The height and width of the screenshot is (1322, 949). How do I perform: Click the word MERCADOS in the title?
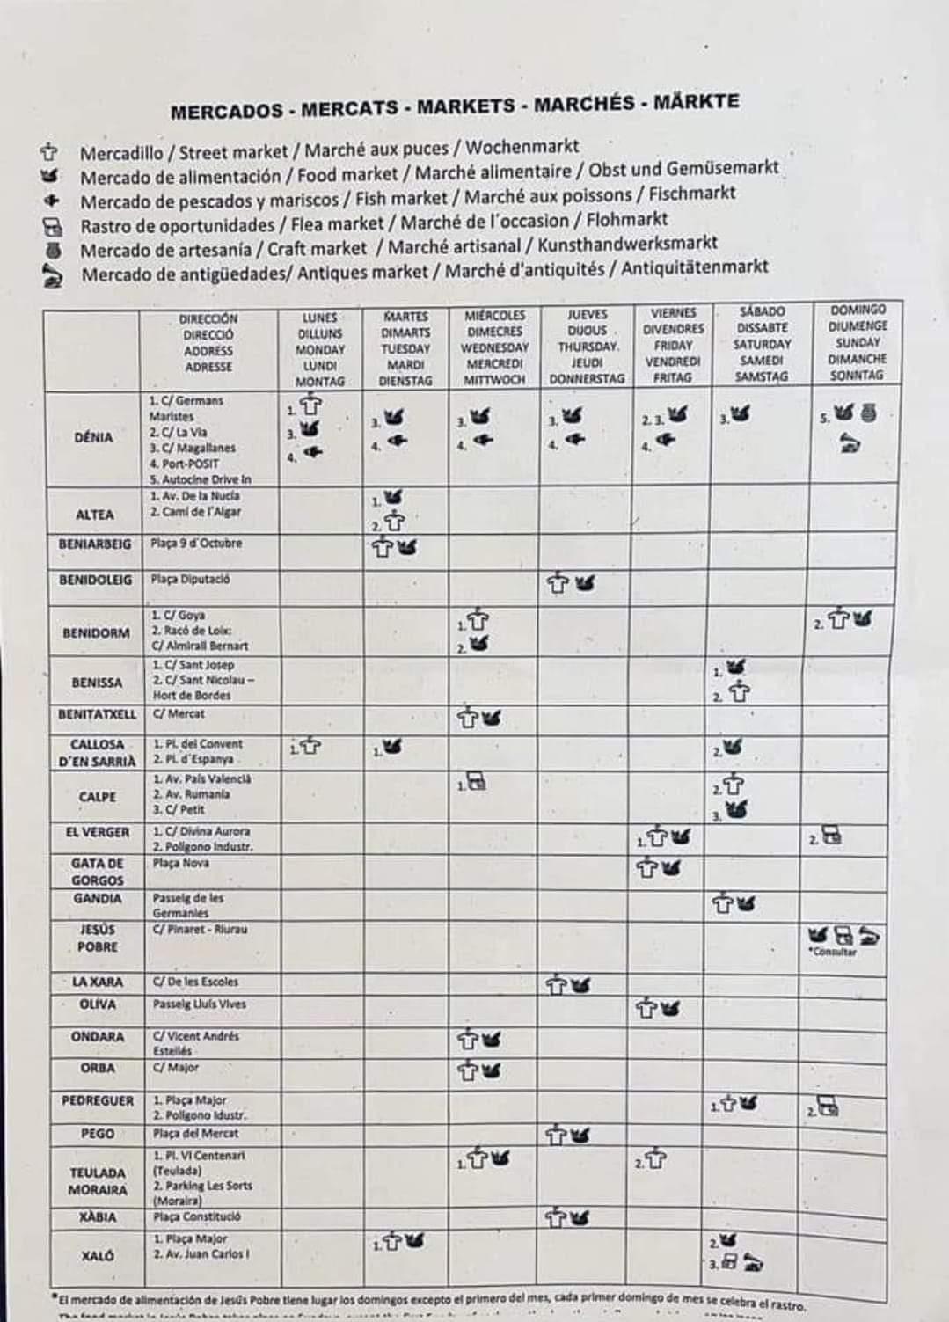point(227,112)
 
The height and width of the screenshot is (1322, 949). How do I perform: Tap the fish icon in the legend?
point(51,200)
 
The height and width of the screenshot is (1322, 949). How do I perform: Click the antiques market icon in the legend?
point(53,276)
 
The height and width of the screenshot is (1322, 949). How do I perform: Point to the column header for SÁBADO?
point(762,343)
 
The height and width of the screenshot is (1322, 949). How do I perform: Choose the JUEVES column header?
point(587,346)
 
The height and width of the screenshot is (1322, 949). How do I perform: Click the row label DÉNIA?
point(93,437)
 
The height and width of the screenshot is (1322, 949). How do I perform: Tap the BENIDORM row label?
point(96,632)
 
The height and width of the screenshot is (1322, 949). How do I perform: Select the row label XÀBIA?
point(97,1217)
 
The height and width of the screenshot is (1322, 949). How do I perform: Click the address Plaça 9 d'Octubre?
point(195,543)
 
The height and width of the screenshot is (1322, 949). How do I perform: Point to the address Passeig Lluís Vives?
point(200,1004)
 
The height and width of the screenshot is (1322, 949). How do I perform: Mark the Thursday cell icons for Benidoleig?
point(571,582)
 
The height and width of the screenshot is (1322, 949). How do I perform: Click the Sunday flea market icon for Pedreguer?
point(827,1106)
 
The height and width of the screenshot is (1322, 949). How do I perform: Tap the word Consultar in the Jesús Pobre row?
point(832,952)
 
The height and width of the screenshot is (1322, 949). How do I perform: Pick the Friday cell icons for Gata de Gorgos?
point(659,868)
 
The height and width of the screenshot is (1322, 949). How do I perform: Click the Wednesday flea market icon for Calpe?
point(476,781)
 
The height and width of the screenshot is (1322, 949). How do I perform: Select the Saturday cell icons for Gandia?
point(734,902)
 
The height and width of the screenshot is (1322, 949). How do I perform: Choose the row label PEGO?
point(97,1134)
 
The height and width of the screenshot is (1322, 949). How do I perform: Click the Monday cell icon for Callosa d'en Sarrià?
point(309,747)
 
